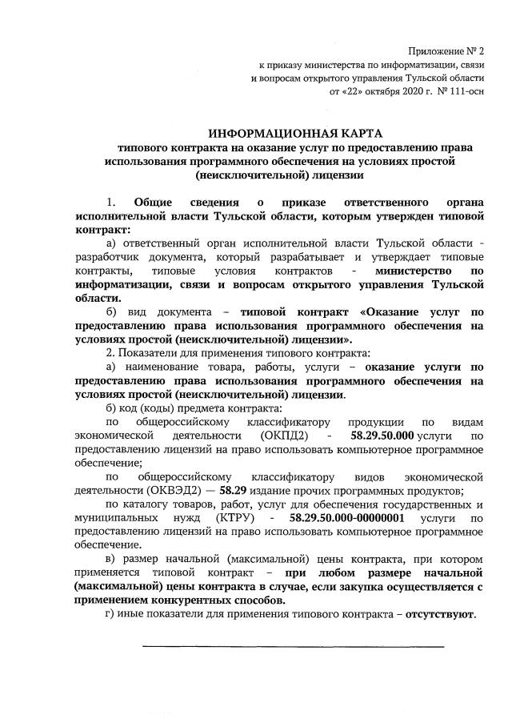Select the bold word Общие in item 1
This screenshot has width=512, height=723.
[154, 201]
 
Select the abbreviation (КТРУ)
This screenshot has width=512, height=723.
[236, 519]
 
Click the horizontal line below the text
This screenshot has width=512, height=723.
[293, 645]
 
